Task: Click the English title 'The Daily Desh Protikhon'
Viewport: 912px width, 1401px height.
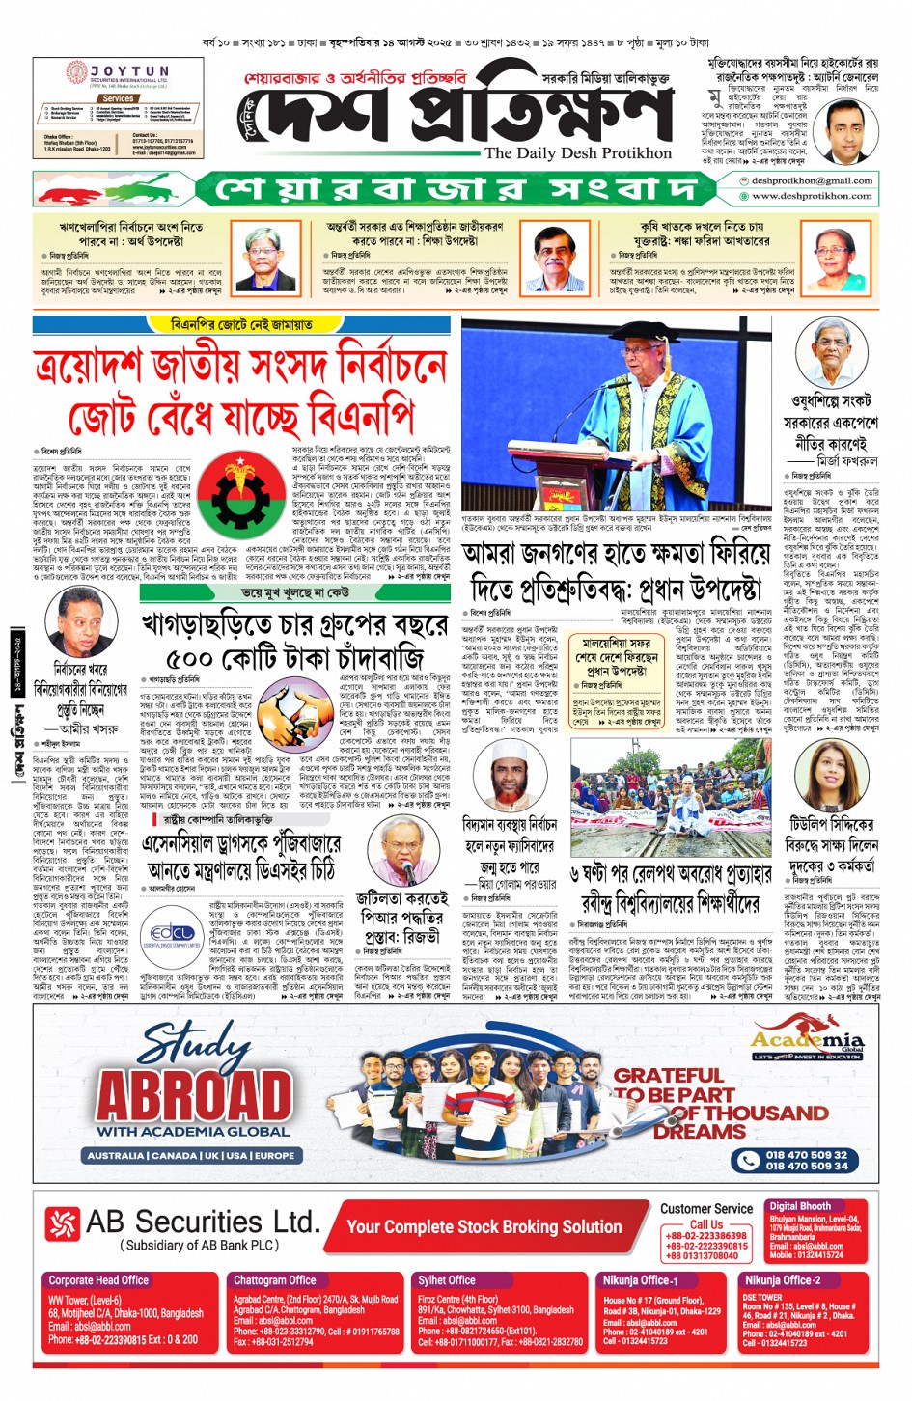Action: [577, 153]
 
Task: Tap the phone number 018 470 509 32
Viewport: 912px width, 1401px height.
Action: [807, 1154]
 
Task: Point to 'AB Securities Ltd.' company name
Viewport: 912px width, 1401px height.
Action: [202, 1222]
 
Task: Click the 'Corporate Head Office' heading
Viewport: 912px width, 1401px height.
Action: [98, 1280]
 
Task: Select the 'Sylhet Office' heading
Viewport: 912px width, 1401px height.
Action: [447, 1280]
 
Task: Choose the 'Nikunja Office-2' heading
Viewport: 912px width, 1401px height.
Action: [783, 1280]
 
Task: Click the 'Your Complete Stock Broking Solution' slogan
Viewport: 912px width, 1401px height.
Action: [484, 1226]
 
